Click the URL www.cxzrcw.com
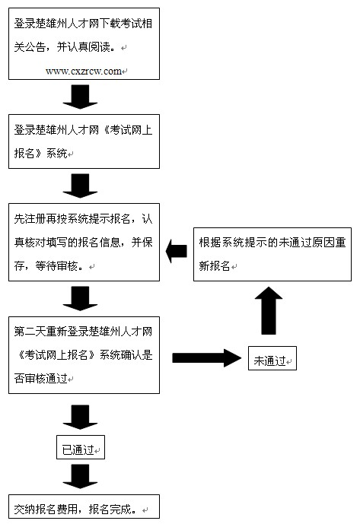click(x=84, y=71)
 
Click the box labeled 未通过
click(x=272, y=358)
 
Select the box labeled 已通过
click(x=81, y=447)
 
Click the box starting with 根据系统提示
click(x=272, y=254)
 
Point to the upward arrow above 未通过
click(x=269, y=310)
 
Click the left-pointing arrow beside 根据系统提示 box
click(x=177, y=251)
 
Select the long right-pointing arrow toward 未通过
click(x=206, y=358)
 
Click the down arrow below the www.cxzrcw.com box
click(x=81, y=97)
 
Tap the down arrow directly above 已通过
click(x=81, y=417)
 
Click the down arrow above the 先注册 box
click(x=81, y=186)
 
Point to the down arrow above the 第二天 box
click(x=81, y=298)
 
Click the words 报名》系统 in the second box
click(x=41, y=153)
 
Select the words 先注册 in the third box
click(x=30, y=218)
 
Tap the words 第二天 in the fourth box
click(x=30, y=331)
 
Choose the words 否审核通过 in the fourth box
click(x=41, y=378)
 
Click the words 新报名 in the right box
click(x=215, y=265)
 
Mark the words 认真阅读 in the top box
click(x=89, y=47)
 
